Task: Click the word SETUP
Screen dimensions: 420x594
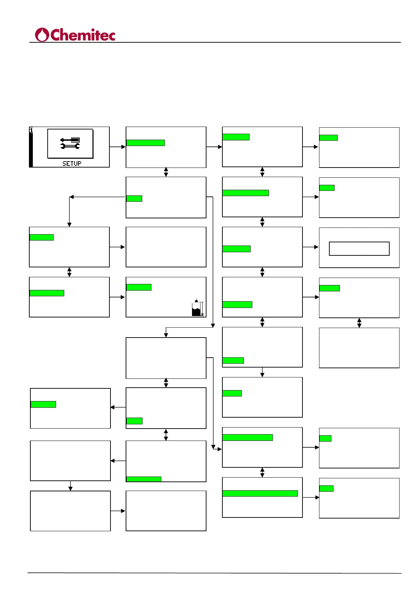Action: point(72,163)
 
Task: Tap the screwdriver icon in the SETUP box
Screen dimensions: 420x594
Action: point(70,140)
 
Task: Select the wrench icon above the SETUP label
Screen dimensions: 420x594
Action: point(70,146)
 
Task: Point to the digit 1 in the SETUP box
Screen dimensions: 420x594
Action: point(31,130)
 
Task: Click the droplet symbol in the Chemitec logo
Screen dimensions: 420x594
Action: point(42,35)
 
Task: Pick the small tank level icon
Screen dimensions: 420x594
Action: point(197,308)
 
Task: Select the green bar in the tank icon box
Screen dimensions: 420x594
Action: point(139,287)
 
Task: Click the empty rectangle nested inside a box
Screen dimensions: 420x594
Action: point(359,248)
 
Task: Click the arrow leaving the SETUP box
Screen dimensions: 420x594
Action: point(118,147)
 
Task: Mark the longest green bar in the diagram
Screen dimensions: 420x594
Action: point(260,493)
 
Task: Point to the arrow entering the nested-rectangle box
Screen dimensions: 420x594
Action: point(311,247)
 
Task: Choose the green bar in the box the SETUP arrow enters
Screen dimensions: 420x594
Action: point(145,143)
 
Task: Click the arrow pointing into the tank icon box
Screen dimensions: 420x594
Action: point(118,297)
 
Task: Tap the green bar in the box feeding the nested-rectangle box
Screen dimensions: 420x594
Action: point(236,249)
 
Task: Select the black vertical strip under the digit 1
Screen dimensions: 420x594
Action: point(31,150)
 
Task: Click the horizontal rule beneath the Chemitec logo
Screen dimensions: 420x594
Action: point(215,42)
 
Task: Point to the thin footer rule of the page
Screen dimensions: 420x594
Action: point(215,573)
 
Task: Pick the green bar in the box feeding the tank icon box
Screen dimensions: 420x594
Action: point(47,293)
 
